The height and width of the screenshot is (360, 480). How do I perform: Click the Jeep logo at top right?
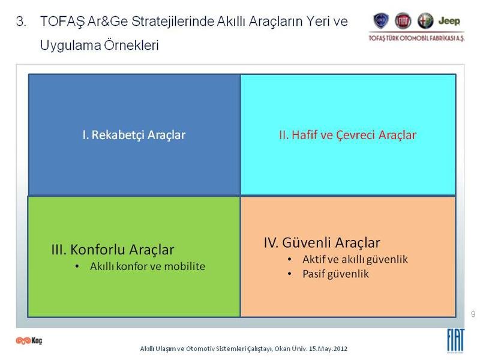point(449,21)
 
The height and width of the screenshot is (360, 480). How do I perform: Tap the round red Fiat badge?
point(403,21)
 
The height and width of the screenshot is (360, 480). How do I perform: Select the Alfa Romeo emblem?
point(425,21)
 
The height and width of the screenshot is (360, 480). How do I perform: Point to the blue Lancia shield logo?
point(381,21)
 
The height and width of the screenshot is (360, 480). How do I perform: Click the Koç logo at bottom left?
point(29,340)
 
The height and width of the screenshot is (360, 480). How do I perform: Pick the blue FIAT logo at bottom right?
point(455,340)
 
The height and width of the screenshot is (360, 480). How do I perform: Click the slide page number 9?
point(473,314)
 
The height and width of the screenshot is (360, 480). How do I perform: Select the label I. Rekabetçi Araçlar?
point(134,135)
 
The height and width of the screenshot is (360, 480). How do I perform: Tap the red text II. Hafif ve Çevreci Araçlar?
point(347,135)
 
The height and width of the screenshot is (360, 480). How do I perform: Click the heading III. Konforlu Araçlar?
point(113,250)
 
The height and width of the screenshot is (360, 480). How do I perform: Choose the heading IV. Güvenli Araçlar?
point(322,242)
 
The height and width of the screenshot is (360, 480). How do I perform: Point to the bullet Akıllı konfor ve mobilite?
point(148,266)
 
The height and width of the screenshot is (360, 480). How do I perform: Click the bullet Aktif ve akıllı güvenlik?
point(355,260)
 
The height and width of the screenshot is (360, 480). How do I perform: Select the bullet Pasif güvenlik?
point(335,274)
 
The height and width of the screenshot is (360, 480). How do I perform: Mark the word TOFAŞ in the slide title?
point(62,22)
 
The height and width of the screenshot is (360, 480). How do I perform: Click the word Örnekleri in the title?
point(131,46)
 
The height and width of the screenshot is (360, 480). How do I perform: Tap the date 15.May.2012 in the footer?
point(328,349)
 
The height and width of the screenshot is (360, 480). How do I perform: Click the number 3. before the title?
point(21,22)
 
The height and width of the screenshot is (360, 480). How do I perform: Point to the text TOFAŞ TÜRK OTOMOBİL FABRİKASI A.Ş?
point(416,38)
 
